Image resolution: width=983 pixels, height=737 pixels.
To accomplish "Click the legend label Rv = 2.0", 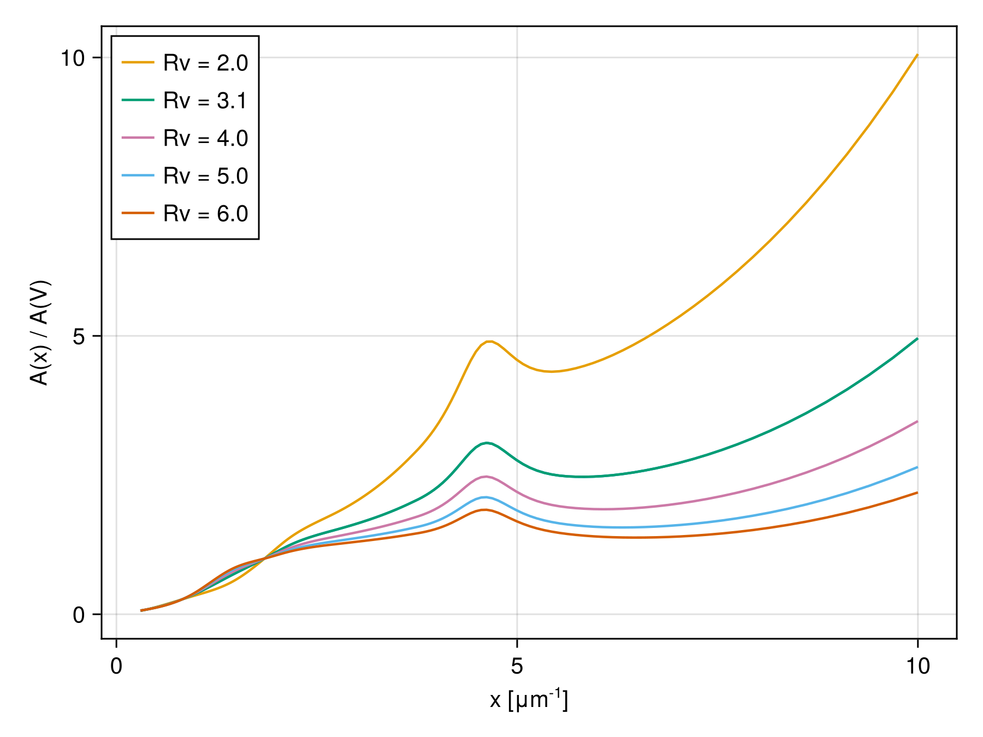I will (x=205, y=63).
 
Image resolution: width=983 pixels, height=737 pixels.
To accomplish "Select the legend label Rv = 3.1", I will (x=205, y=101).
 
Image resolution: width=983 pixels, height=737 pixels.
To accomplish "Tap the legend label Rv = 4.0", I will (x=205, y=139).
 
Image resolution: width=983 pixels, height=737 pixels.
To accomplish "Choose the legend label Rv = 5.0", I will (x=205, y=176).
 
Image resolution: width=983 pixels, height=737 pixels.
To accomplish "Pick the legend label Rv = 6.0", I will (x=205, y=214).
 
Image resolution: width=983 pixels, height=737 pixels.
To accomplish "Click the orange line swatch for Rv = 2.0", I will (x=138, y=63).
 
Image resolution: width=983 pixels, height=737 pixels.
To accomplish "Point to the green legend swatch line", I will (x=138, y=100).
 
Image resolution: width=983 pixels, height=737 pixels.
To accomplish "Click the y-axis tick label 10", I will (x=73, y=58).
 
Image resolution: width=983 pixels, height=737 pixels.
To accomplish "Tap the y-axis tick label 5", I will (x=79, y=337).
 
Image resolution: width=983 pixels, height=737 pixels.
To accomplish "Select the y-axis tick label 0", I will (x=79, y=615).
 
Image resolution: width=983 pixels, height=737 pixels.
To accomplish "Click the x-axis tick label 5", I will (x=517, y=667).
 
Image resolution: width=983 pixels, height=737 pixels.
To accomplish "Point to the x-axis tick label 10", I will (x=917, y=667).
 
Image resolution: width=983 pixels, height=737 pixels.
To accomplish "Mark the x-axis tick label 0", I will (x=116, y=667).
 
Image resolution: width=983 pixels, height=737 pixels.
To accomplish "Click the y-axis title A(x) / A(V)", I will (x=40, y=333).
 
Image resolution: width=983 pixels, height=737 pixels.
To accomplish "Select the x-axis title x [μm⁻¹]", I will (x=529, y=700).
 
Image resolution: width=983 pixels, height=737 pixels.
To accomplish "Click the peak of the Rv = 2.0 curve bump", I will (x=490, y=342).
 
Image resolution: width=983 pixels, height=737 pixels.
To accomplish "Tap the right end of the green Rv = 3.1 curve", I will (x=917, y=338).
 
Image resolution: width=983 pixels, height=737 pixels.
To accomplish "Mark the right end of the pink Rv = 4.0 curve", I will (x=917, y=421).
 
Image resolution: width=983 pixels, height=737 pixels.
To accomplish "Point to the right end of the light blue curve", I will (x=917, y=467).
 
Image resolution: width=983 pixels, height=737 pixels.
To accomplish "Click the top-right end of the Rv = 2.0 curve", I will (x=917, y=55).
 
